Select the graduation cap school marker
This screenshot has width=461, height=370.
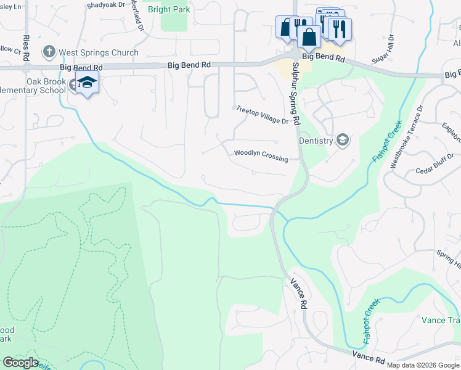pyautogui.click(x=88, y=83)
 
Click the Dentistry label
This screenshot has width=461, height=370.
pyautogui.click(x=316, y=141)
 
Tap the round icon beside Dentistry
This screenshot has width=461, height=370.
pyautogui.click(x=342, y=141)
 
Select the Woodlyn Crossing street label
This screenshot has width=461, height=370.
pyautogui.click(x=261, y=155)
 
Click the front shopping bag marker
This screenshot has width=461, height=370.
pyautogui.click(x=308, y=37)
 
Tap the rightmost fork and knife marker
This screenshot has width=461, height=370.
pyautogui.click(x=339, y=29)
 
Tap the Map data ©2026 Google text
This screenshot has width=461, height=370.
pyautogui.click(x=423, y=365)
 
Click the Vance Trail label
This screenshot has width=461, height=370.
pyautogui.click(x=441, y=320)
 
